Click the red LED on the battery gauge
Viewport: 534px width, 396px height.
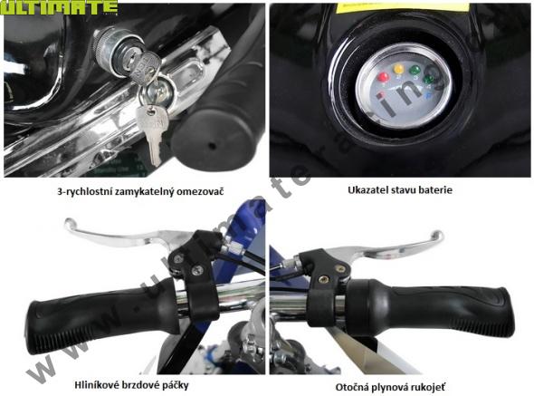click(x=383, y=76)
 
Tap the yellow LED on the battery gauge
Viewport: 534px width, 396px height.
click(x=398, y=69)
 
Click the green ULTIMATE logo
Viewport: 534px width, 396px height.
click(x=59, y=7)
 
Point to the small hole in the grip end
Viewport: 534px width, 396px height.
click(x=212, y=146)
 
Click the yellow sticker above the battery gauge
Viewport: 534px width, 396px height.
click(x=402, y=7)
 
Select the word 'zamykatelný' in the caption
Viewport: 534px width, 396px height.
click(x=143, y=192)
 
